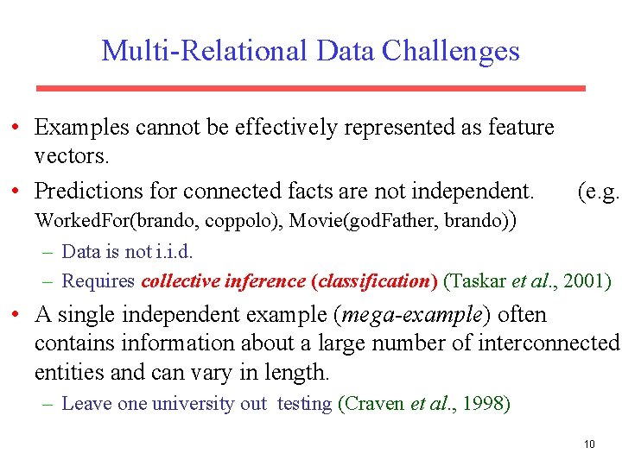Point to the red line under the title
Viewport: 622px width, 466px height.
tap(310, 88)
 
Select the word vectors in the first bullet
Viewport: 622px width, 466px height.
tap(72, 157)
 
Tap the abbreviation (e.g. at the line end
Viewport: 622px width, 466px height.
tap(598, 190)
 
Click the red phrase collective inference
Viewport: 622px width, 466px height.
tap(223, 281)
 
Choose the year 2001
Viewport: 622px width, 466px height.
tap(587, 281)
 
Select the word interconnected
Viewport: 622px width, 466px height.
tap(539, 343)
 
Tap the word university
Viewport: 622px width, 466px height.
tap(195, 404)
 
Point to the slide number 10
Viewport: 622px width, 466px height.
tap(589, 444)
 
